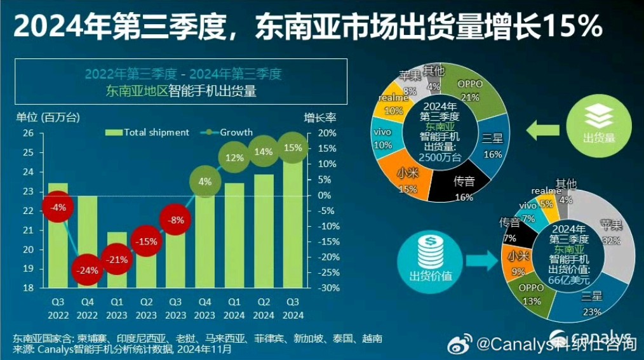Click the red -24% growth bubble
(x=88, y=270)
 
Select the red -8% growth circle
(x=176, y=220)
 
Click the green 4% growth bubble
(x=205, y=181)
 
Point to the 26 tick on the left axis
(x=28, y=133)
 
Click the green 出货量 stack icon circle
(x=599, y=123)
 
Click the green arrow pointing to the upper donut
(x=542, y=131)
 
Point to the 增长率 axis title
(x=319, y=117)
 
